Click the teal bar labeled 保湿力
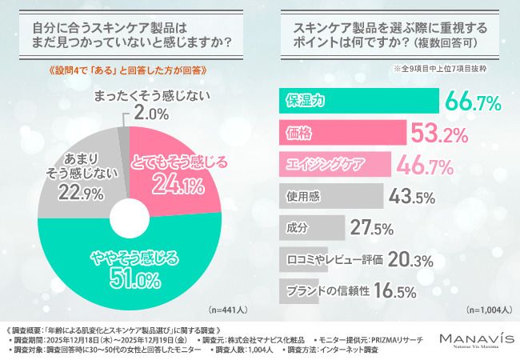[x=358, y=101]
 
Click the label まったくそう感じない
[x=142, y=96]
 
